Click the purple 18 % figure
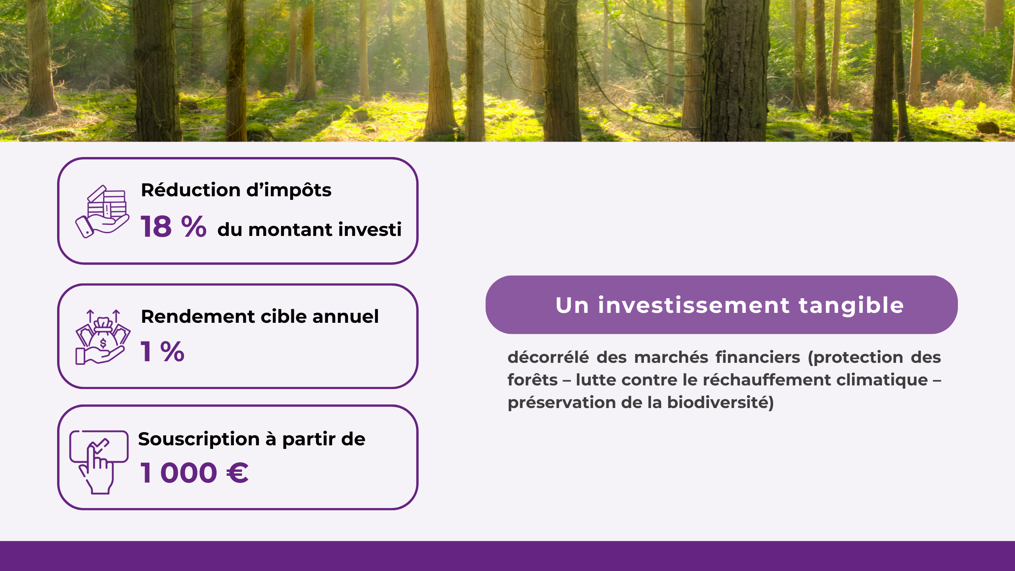pos(173,227)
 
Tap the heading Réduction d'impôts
pos(236,190)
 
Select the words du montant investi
pos(309,230)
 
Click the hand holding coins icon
pos(102,212)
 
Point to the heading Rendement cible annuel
pos(260,316)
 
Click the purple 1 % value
pos(163,351)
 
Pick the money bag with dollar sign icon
pos(103,337)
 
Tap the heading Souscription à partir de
pos(251,439)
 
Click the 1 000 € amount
pos(194,473)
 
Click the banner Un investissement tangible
pos(722,305)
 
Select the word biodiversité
pos(720,402)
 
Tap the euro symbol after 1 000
pos(237,473)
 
